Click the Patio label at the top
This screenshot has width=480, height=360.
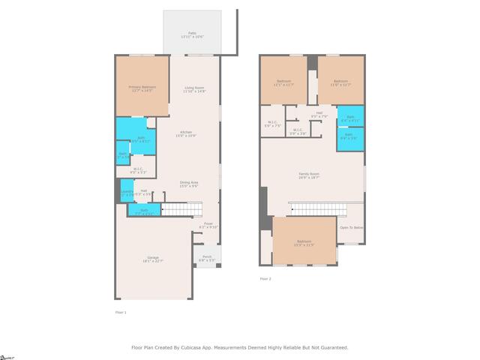(x=193, y=34)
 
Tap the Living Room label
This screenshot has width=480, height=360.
(x=194, y=89)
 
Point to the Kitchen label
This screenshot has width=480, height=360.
(x=185, y=134)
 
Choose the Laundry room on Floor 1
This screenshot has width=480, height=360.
(x=127, y=193)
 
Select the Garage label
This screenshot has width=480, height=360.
(x=154, y=259)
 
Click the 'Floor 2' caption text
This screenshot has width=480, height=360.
(x=265, y=278)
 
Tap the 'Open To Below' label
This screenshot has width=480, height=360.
(x=351, y=227)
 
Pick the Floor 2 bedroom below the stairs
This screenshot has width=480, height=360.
(x=304, y=241)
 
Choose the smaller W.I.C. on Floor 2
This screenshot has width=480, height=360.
(x=297, y=132)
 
